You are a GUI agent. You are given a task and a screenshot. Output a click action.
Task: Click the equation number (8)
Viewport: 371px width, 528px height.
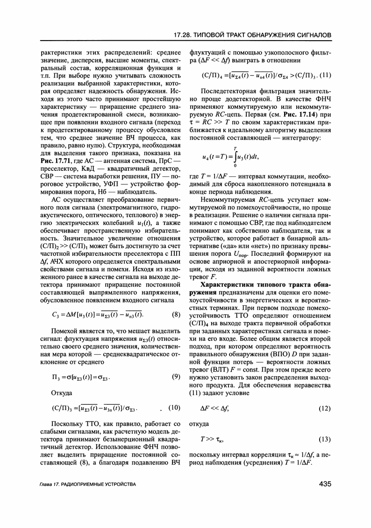tap(176, 315)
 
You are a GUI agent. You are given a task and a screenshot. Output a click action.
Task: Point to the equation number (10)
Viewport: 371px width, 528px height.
tap(174, 408)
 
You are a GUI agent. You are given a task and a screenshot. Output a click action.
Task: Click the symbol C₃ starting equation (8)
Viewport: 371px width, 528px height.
tap(56, 315)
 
